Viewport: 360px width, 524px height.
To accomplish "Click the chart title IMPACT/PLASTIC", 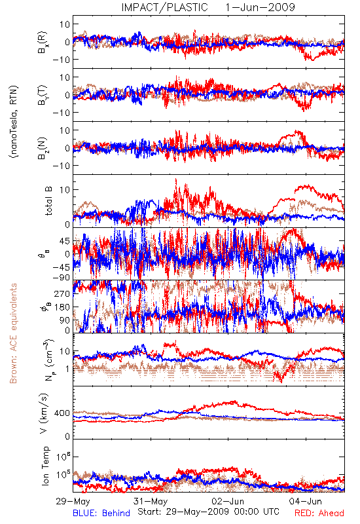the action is tap(164, 7).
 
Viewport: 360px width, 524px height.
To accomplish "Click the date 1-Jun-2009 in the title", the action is tap(260, 7).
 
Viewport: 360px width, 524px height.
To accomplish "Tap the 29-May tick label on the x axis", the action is tap(73, 501).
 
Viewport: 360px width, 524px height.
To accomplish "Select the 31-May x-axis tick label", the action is tap(151, 501).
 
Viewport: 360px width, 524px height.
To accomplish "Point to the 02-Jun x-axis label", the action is tap(228, 501).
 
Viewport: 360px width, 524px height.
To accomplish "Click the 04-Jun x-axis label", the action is tap(305, 501).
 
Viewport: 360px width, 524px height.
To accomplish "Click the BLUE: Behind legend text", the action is tap(101, 513).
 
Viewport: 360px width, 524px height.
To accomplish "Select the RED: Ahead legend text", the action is tap(319, 513).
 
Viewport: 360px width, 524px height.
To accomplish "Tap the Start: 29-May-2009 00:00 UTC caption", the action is tap(208, 512).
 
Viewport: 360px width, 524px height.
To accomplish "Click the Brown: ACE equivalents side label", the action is tap(13, 333).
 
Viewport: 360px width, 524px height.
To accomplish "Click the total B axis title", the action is tap(48, 201).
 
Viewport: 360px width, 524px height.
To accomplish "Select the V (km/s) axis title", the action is tap(44, 413).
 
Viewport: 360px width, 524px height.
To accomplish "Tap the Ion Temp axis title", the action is tap(45, 466).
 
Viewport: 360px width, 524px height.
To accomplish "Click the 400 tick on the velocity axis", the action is tap(62, 413).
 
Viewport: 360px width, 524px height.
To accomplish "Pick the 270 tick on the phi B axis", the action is tap(62, 293).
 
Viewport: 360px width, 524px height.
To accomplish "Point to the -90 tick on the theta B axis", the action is tap(62, 277).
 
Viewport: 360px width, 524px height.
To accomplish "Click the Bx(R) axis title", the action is tap(43, 42).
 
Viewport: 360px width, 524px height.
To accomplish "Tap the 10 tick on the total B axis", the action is tap(65, 190).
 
